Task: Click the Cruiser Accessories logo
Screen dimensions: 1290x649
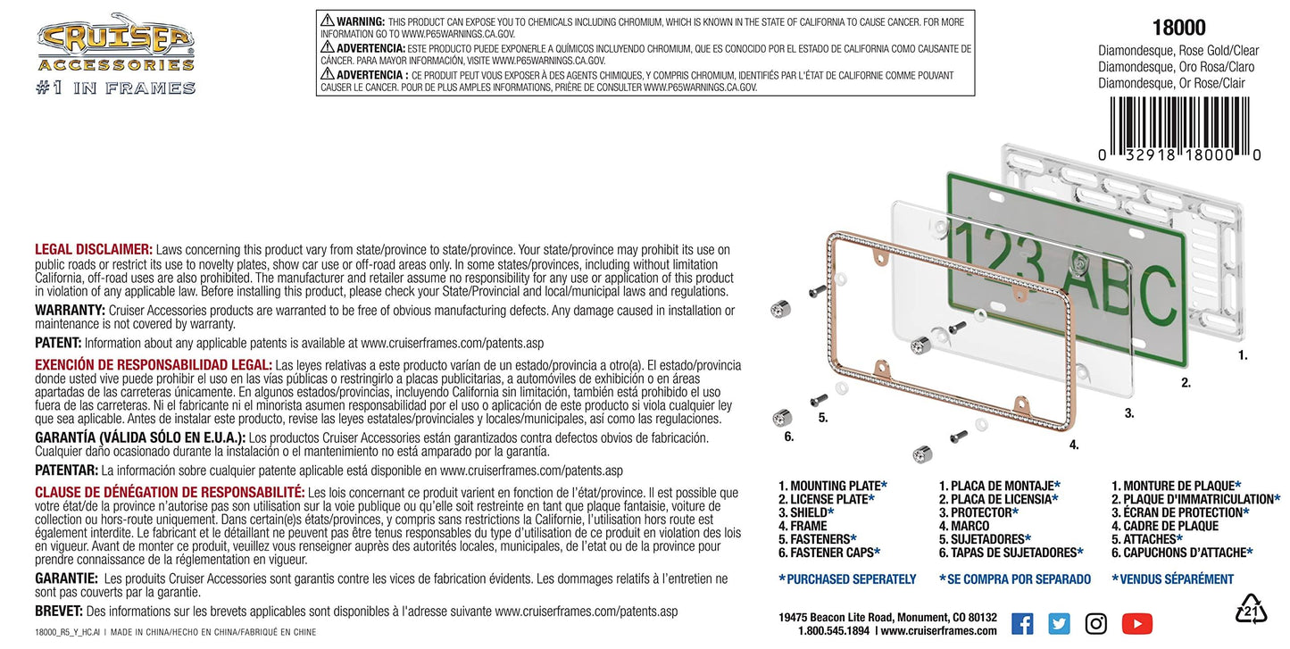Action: [115, 54]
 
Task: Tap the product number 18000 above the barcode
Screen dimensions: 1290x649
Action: [1178, 28]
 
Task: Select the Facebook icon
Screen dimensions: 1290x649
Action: [1022, 624]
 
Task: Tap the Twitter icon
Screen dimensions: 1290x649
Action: [1059, 624]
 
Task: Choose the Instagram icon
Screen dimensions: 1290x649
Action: [1096, 624]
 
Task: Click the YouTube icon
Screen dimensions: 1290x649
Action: [1136, 624]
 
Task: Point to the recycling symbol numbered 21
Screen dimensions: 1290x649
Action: [1251, 610]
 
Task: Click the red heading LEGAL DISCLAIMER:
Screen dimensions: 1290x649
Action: [94, 249]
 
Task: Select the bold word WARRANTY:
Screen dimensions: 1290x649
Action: [70, 311]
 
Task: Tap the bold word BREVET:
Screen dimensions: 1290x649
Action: [59, 611]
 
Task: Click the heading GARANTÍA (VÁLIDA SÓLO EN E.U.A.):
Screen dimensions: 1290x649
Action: [140, 437]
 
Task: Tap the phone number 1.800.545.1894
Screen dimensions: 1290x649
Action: [833, 630]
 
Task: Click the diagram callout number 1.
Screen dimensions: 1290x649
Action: [1243, 355]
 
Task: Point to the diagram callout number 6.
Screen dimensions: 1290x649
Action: [789, 437]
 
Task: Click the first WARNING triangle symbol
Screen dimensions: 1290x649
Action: [327, 21]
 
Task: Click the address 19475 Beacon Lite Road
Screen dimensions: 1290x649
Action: [850, 618]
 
